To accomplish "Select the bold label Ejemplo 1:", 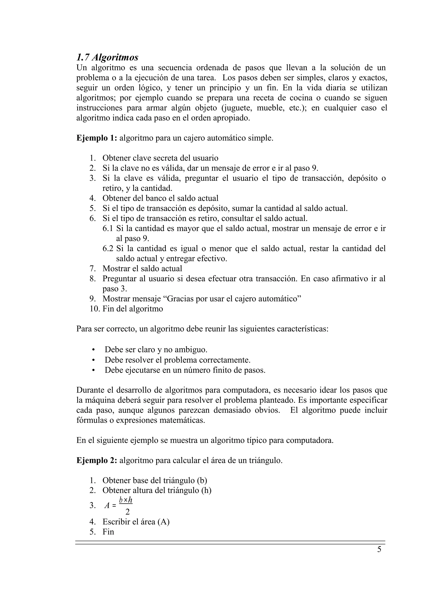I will click(x=97, y=138).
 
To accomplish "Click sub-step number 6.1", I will click(x=108, y=228).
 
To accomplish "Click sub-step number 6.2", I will click(x=108, y=249).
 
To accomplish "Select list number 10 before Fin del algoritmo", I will click(x=95, y=309).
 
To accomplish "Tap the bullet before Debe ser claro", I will click(x=93, y=350).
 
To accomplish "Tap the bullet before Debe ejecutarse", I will click(x=93, y=370).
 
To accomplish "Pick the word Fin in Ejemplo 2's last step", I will click(x=108, y=532).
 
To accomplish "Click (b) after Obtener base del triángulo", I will click(x=202, y=481).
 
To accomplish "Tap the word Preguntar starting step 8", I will click(x=119, y=279).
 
